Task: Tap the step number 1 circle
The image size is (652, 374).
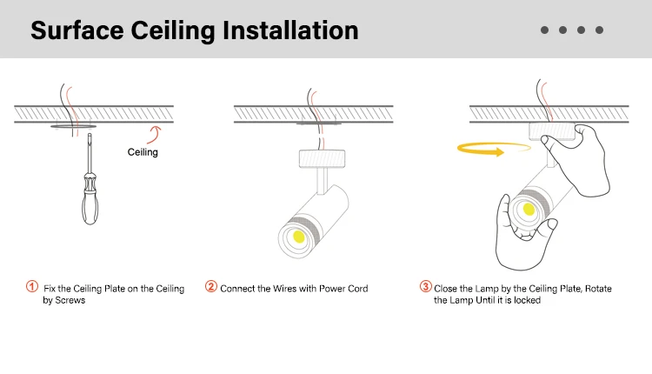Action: coord(32,286)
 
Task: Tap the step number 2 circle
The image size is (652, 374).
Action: coord(211,286)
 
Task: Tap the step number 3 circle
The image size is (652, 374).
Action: coord(426,286)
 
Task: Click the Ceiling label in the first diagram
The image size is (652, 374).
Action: coord(143,152)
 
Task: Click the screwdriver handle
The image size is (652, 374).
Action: coord(89,204)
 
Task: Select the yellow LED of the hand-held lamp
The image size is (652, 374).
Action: coord(526,209)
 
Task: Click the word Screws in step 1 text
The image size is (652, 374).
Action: coord(71,301)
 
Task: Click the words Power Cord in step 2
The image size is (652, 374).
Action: coord(345,288)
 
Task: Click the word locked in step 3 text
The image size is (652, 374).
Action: coord(527,301)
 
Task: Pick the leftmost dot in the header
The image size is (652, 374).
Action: coord(544,30)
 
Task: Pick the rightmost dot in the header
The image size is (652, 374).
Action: coord(599,30)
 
